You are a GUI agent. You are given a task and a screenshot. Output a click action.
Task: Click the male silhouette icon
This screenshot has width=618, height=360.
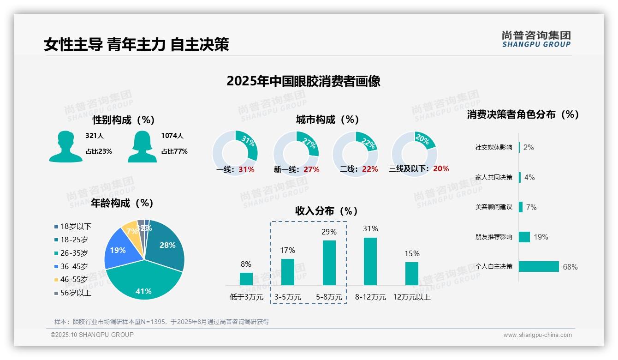point(65,146)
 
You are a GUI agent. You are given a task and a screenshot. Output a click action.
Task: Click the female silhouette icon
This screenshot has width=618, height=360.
point(142,146)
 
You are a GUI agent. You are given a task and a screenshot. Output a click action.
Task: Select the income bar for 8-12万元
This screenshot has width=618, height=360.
point(370,261)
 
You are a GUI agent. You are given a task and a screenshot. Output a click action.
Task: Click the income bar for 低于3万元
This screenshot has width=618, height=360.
point(246,279)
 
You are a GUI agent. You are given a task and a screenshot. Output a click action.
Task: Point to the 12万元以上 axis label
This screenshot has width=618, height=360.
point(411,297)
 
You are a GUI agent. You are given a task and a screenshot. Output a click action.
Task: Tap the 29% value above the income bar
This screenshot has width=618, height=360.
point(329,232)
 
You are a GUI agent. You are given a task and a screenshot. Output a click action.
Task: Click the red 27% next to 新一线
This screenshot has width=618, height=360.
point(311,170)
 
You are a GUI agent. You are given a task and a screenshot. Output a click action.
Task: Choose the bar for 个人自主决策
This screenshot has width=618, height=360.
point(539,267)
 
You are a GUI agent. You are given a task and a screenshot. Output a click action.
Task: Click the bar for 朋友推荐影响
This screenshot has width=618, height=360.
point(524,237)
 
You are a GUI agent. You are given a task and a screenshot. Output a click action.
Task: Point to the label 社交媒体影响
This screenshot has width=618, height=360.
point(493,148)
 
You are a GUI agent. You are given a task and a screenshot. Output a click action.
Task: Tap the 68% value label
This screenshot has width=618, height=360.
point(570,267)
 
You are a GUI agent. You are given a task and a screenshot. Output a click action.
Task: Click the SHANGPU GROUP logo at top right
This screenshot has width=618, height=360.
point(536,39)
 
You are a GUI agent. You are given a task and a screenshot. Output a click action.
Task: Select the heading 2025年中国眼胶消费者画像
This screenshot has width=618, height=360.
point(303,81)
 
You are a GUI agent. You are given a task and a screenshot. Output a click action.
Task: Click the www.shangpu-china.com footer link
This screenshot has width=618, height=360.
point(537,335)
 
